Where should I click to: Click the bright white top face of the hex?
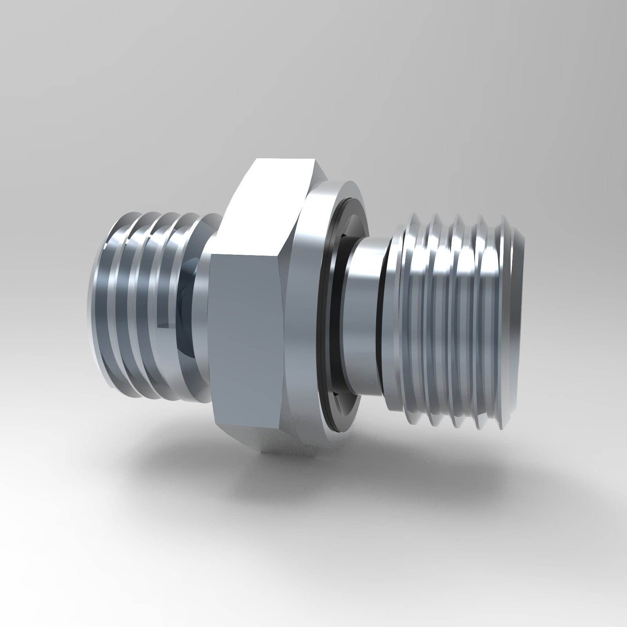(266, 204)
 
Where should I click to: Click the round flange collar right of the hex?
(304, 313)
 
